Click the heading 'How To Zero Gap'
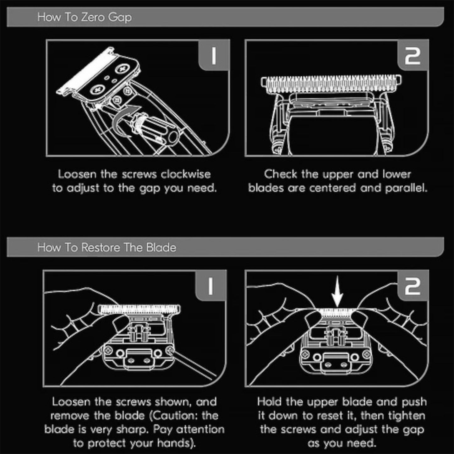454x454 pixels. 84,18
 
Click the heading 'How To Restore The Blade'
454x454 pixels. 107,247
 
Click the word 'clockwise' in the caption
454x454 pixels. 186,175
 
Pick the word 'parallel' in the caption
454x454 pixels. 406,189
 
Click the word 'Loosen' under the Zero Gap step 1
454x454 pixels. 78,175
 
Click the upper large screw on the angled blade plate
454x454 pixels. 122,69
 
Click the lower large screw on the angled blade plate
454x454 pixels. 97,90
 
